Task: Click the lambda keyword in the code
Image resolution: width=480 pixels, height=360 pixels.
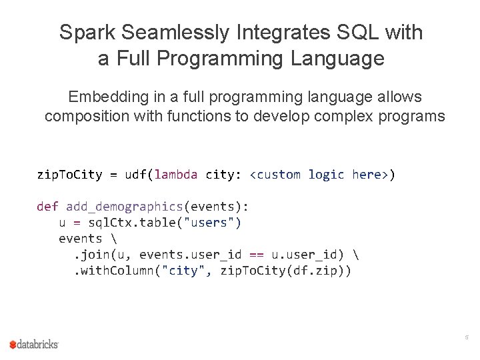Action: pyautogui.click(x=176, y=175)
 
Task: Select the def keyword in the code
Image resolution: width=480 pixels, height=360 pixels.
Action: pyautogui.click(x=47, y=207)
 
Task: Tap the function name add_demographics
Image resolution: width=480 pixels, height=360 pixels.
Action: pyautogui.click(x=124, y=207)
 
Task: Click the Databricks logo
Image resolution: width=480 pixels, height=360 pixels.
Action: pyautogui.click(x=34, y=344)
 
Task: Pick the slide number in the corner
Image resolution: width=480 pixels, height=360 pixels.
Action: pyautogui.click(x=467, y=338)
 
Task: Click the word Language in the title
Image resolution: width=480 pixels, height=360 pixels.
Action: pyautogui.click(x=337, y=59)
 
